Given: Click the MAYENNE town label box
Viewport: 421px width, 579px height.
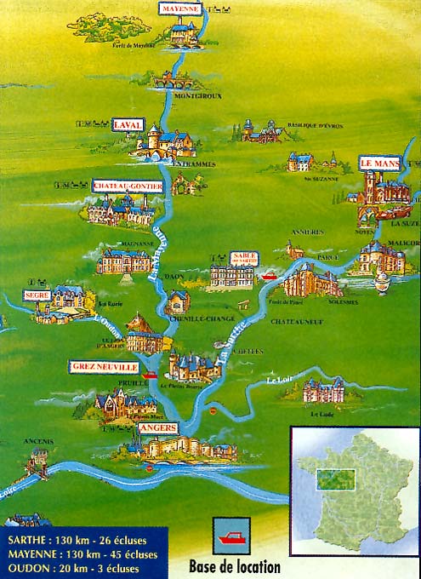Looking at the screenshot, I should (180, 9).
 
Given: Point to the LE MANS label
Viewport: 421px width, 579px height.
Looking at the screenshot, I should (378, 162).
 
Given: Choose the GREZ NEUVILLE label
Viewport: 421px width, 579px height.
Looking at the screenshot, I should (104, 366).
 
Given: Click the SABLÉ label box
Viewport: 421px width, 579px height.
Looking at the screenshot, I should (243, 258).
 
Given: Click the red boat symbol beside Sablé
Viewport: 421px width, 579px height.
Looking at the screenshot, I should (270, 275).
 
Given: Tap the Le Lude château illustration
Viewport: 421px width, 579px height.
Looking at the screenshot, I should (323, 391).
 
